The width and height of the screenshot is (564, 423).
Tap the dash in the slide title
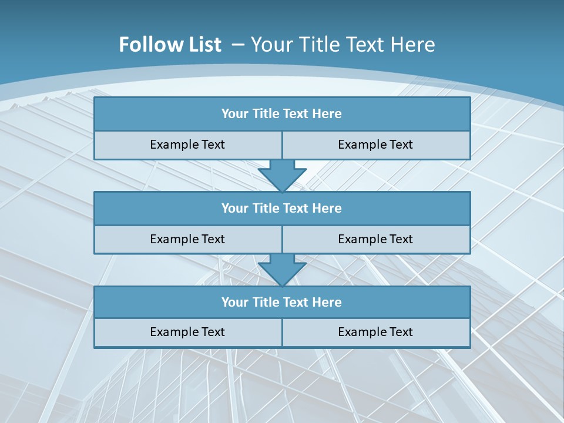(238, 45)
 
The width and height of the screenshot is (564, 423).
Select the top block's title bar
(282, 114)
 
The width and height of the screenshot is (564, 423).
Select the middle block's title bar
(282, 209)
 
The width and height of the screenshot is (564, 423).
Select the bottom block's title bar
(282, 303)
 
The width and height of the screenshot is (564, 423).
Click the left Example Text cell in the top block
(187, 145)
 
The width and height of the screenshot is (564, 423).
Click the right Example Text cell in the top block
(376, 145)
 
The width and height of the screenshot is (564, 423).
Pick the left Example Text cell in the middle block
(187, 239)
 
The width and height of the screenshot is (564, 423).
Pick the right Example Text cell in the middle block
(376, 239)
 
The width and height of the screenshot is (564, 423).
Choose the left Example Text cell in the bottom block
(187, 333)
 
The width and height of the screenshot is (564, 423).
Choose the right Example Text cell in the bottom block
(376, 333)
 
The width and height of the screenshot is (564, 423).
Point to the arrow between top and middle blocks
(282, 175)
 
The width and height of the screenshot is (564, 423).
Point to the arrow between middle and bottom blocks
(282, 270)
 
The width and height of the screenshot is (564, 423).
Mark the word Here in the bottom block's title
(327, 303)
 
